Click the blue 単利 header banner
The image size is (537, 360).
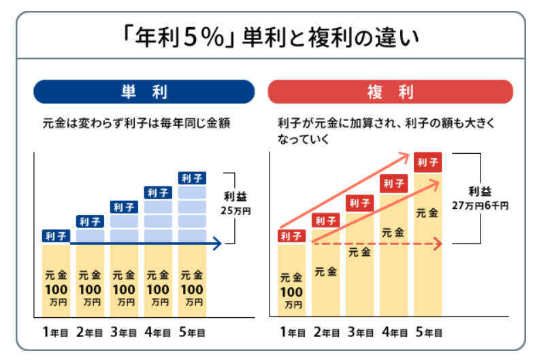click(x=144, y=91)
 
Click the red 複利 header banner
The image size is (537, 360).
click(x=390, y=91)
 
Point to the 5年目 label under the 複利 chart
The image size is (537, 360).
click(x=429, y=333)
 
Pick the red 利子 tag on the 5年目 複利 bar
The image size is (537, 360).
click(x=429, y=162)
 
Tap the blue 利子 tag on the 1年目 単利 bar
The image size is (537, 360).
click(x=55, y=236)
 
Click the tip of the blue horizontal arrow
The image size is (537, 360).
click(x=220, y=243)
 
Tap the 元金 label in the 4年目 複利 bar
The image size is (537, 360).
click(x=394, y=232)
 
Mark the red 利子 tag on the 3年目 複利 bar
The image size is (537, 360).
click(x=360, y=202)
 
